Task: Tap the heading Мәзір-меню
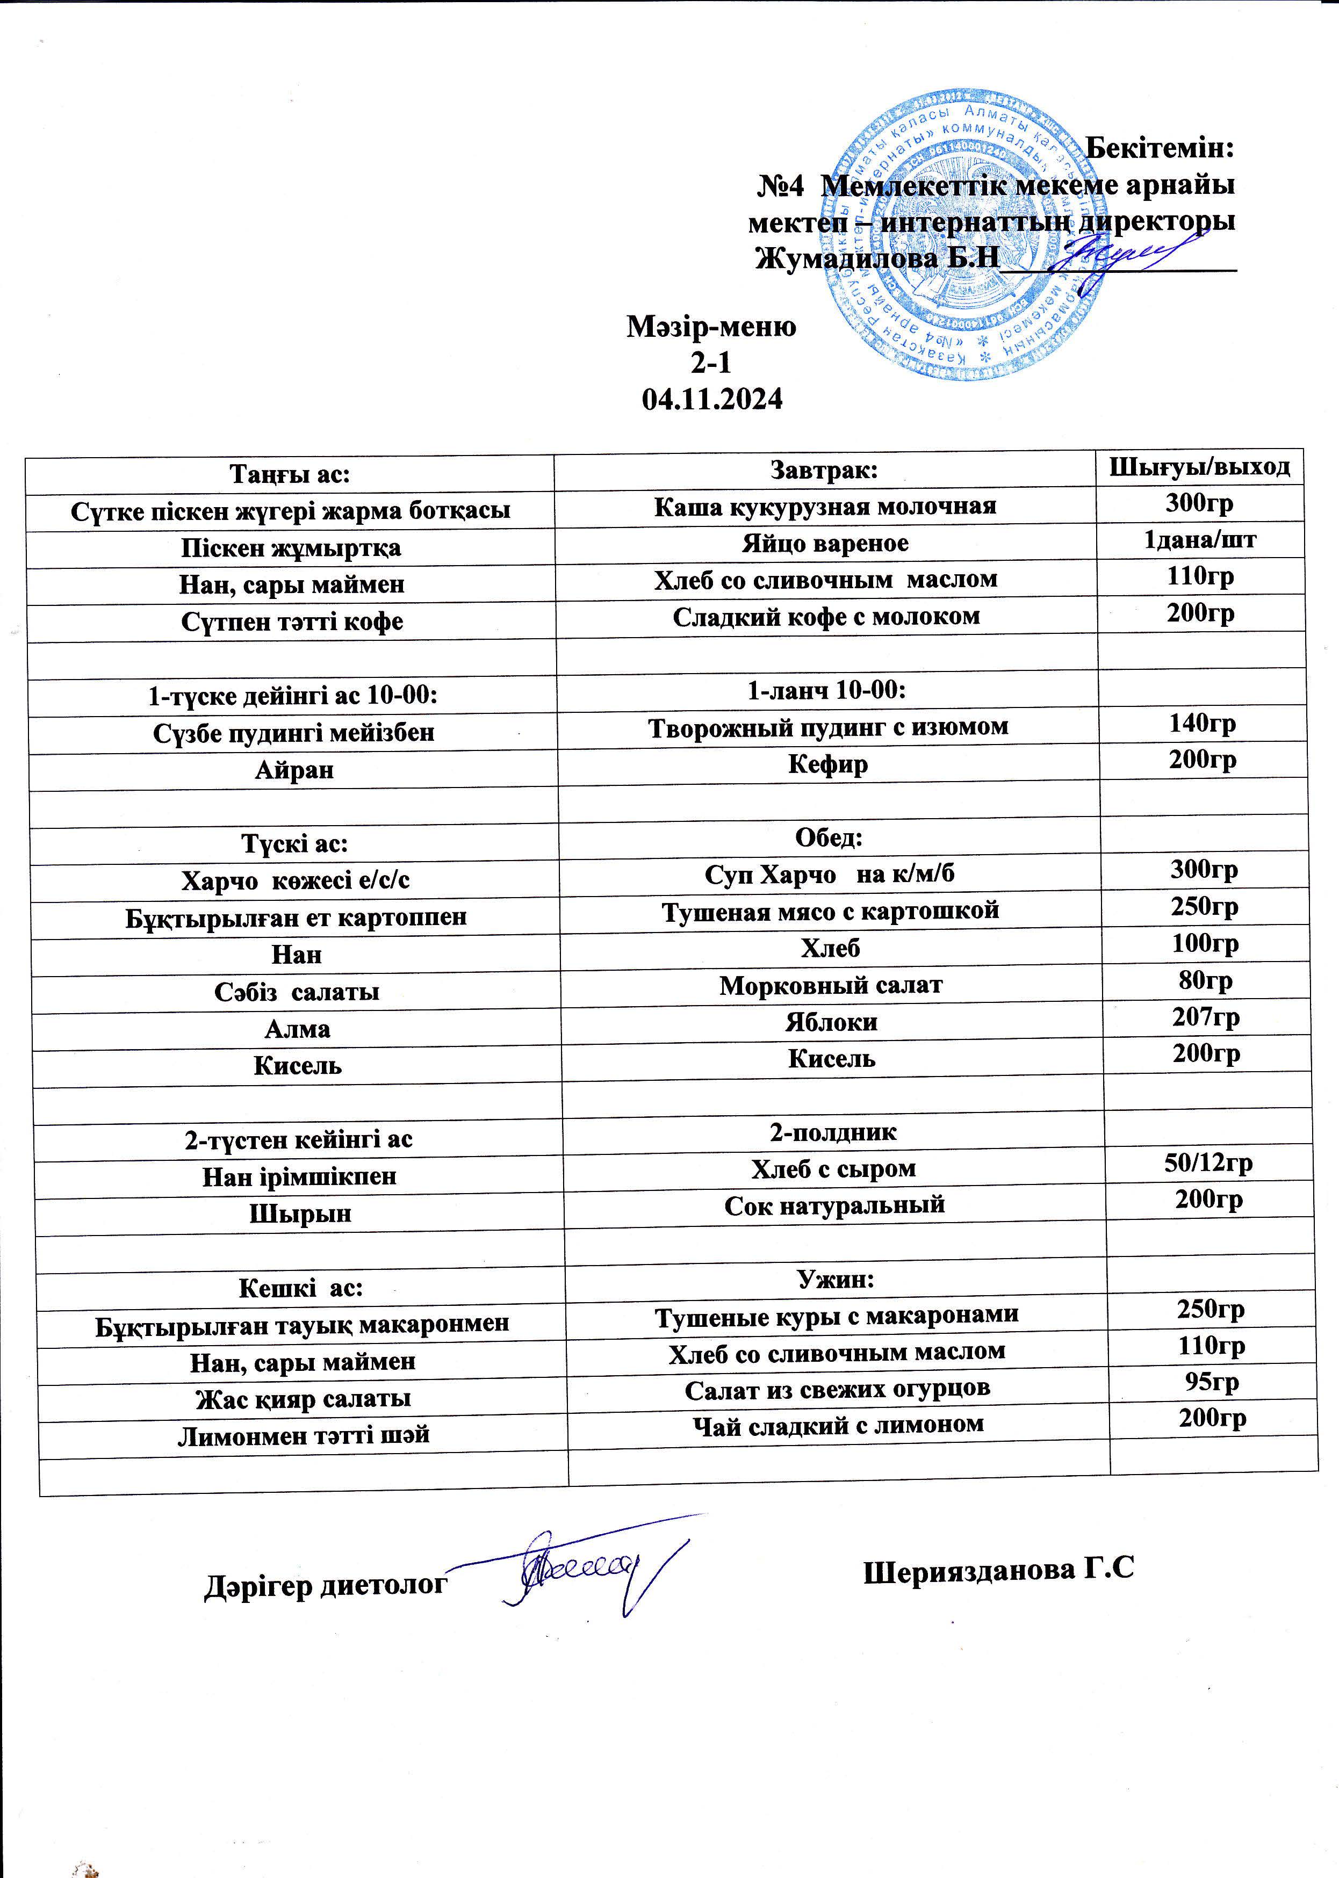(711, 327)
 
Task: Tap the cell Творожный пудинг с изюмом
(828, 726)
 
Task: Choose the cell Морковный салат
(830, 984)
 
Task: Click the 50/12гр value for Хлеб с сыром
(1209, 1162)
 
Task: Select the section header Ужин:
(835, 1279)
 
